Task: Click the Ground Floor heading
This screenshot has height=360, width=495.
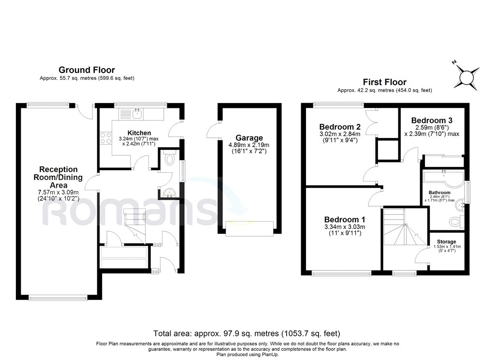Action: (x=87, y=70)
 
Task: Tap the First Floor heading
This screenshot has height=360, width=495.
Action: (x=384, y=82)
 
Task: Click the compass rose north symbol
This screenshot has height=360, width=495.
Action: (x=466, y=76)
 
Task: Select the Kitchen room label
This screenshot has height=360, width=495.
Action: (x=139, y=133)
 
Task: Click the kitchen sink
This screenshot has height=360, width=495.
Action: (x=137, y=114)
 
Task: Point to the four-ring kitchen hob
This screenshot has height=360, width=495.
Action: (x=106, y=138)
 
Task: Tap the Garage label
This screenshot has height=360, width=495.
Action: (x=249, y=138)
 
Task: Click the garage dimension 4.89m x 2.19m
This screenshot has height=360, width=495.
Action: (x=249, y=145)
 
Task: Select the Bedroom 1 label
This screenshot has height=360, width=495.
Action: (x=345, y=219)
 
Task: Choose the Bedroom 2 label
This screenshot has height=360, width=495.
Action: (x=340, y=127)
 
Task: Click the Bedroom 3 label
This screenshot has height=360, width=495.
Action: (x=432, y=120)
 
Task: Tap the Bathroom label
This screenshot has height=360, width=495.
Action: (x=439, y=193)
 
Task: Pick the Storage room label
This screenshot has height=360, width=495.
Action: (x=446, y=241)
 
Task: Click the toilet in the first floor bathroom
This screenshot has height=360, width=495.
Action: (x=456, y=221)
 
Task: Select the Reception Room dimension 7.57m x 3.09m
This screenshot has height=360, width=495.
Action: (x=58, y=192)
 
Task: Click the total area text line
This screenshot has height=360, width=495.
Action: (x=247, y=333)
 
